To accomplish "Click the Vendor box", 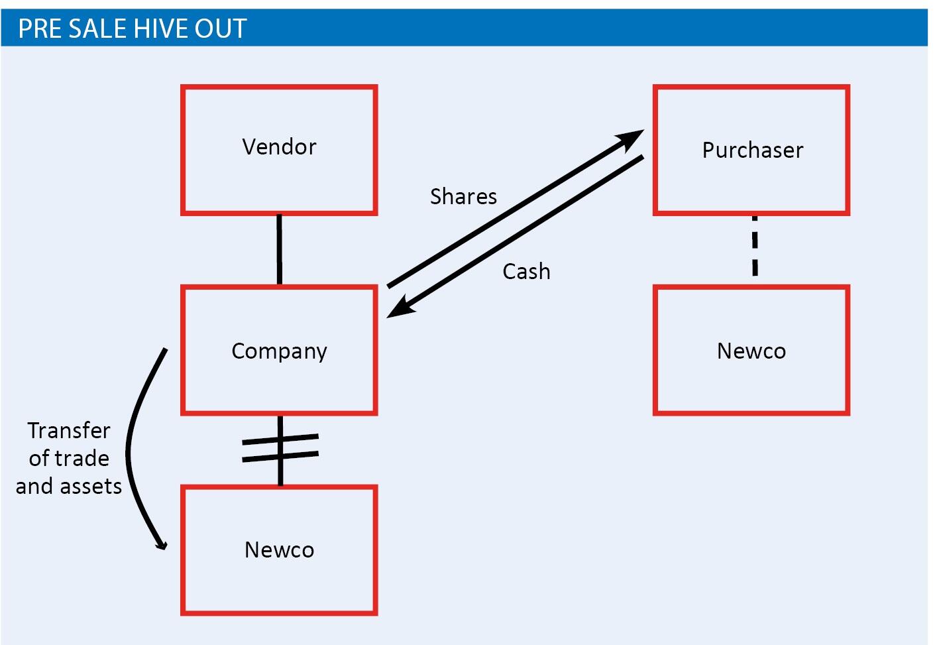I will point(279,150).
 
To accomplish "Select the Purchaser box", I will point(751,150).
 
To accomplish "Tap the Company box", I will point(279,351).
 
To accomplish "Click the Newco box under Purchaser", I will point(751,351).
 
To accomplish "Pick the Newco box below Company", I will point(279,550).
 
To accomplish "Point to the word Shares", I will point(463,197).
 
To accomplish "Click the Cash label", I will point(526,272).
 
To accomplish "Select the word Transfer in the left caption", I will point(69,431).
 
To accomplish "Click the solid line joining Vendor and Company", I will point(279,249).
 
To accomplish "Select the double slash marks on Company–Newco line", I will point(280,447).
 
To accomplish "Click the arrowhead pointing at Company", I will point(399,310).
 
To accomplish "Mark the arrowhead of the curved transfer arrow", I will point(161,544).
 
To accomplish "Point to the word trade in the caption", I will point(82,459).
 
